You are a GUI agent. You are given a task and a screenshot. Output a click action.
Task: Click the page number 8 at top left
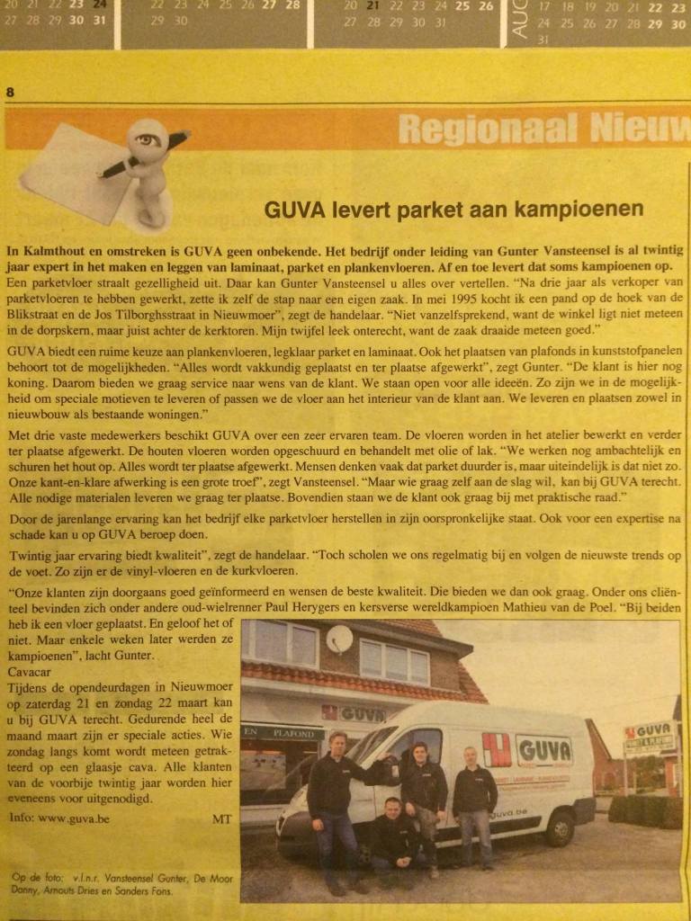click(x=10, y=92)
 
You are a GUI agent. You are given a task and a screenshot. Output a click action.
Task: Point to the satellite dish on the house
click(x=339, y=639)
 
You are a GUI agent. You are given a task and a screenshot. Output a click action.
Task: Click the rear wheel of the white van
click(x=560, y=827)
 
